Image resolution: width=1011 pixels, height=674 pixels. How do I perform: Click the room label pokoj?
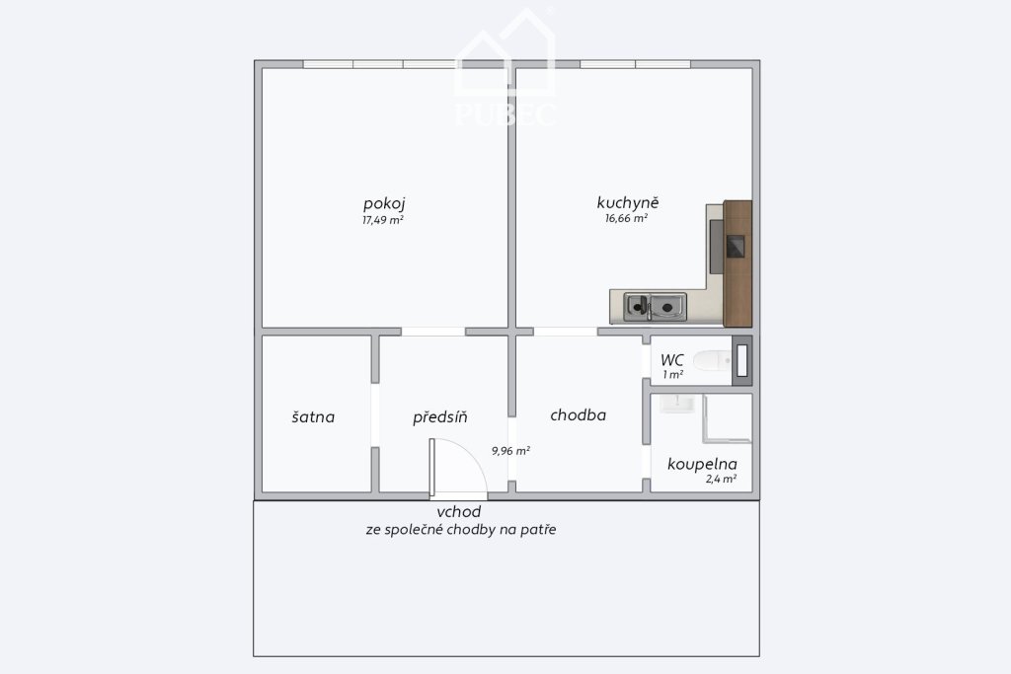(x=384, y=204)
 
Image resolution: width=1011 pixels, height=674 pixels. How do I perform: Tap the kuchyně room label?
(x=627, y=203)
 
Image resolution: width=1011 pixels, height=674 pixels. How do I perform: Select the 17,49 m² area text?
(x=383, y=220)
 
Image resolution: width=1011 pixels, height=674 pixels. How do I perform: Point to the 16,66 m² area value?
(x=626, y=218)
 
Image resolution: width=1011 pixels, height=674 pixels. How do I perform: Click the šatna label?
(x=313, y=416)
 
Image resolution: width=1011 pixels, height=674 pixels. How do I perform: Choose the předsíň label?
(x=439, y=417)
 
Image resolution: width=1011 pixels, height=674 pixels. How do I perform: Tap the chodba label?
(x=579, y=415)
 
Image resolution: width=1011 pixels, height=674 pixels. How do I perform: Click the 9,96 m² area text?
(x=510, y=451)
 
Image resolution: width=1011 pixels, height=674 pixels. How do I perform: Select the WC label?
(x=671, y=360)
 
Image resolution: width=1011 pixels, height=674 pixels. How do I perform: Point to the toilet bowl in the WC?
(x=713, y=360)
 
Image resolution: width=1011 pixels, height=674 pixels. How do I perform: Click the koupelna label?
(x=702, y=464)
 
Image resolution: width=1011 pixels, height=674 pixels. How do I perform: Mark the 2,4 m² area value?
(x=721, y=479)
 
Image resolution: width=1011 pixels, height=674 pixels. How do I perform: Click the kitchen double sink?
(x=656, y=307)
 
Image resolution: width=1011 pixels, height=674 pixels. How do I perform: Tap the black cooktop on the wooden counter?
(x=736, y=247)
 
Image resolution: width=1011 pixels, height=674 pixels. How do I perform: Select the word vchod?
(x=459, y=512)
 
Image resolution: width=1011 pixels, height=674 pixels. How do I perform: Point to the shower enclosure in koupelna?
(x=728, y=418)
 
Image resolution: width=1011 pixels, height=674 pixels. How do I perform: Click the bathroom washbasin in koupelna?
(x=677, y=404)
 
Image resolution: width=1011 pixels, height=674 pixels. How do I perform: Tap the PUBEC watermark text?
(x=505, y=114)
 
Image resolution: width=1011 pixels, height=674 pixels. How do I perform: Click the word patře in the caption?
(x=540, y=530)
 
